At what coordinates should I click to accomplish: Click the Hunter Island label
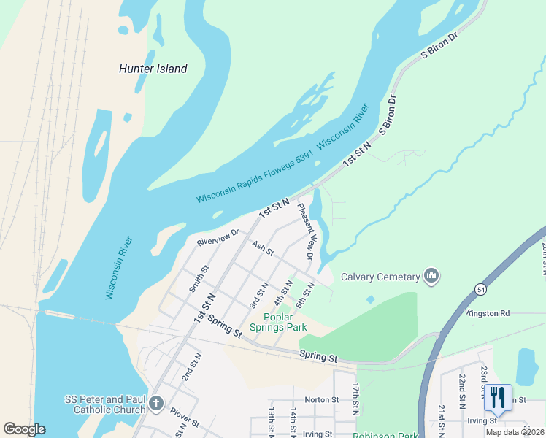click(153, 69)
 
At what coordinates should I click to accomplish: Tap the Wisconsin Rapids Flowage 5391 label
click(255, 177)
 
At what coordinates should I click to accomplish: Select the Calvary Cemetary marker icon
click(431, 276)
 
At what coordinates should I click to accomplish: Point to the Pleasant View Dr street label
click(305, 231)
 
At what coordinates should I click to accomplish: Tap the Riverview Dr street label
click(218, 237)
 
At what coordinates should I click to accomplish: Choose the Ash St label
click(262, 249)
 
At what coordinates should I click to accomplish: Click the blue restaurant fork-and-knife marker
click(498, 398)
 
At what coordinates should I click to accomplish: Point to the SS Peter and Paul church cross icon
click(155, 404)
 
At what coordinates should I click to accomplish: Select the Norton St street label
click(322, 399)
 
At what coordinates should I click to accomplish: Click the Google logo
click(24, 429)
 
